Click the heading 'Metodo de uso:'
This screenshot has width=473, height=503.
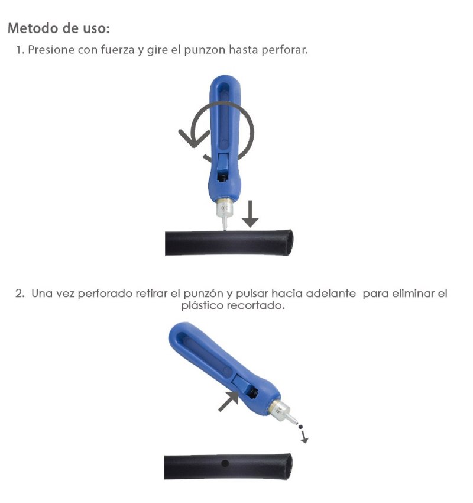(59, 28)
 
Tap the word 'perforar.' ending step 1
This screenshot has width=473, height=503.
(284, 50)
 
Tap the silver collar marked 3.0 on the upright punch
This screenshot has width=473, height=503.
(224, 208)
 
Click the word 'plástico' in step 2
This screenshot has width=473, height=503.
(203, 305)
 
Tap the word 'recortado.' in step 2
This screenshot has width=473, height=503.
(256, 305)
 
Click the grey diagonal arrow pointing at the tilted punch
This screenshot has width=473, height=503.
(228, 401)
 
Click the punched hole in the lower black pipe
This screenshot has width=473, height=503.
(225, 463)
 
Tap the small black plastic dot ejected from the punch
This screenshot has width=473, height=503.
(300, 427)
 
